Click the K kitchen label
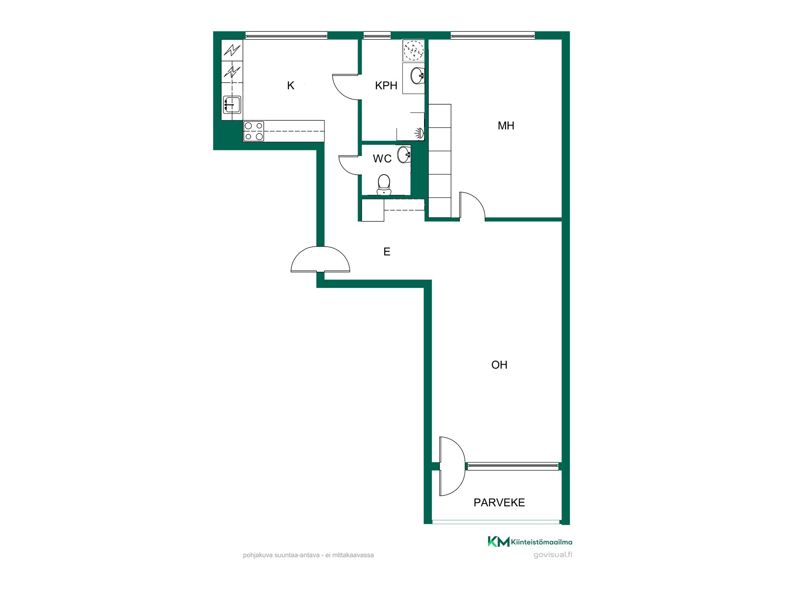(290, 86)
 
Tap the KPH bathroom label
(386, 86)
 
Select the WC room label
(382, 159)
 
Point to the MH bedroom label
(506, 125)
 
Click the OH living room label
(499, 365)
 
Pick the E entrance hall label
(387, 252)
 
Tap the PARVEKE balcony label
(499, 503)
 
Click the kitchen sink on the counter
(232, 105)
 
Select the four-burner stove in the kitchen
(253, 131)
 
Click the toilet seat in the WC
(384, 184)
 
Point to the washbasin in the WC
(404, 154)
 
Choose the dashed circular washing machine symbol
(413, 50)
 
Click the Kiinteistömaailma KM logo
(530, 542)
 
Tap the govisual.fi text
(553, 555)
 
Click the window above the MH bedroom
(493, 36)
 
